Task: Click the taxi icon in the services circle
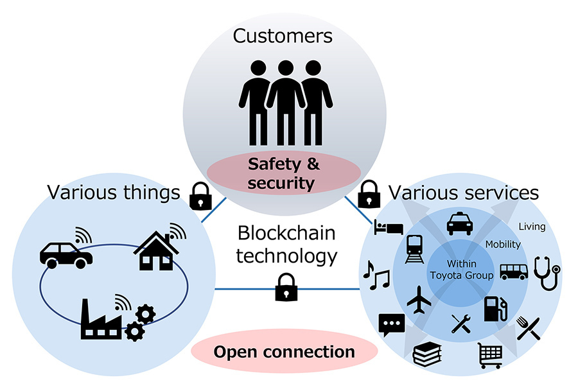click(459, 225)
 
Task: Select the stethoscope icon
click(547, 273)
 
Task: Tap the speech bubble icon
click(391, 325)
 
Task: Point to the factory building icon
click(101, 318)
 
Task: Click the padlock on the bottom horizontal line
click(286, 287)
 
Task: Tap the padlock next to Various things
click(199, 195)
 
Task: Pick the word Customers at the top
click(283, 35)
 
